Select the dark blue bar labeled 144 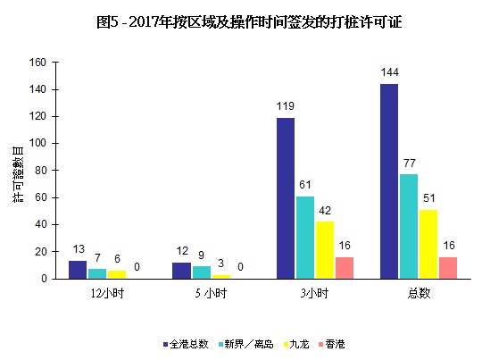click(x=388, y=181)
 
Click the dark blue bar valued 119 click(x=286, y=198)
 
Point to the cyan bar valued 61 click(x=305, y=238)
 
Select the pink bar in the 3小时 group click(x=344, y=268)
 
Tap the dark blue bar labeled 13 click(x=78, y=270)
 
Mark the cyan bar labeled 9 click(x=201, y=272)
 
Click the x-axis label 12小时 click(x=107, y=292)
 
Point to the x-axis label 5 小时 click(x=211, y=292)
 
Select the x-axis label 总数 click(x=418, y=292)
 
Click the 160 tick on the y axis click(x=37, y=63)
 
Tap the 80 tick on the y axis click(x=40, y=171)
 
